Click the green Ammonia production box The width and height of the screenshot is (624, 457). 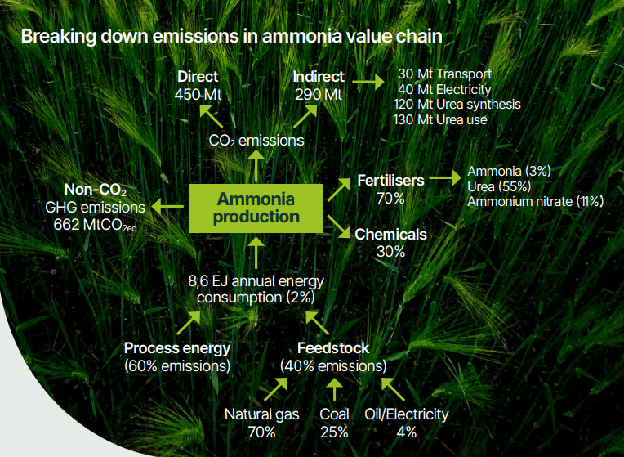tap(256, 208)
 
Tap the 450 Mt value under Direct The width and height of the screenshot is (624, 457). tap(198, 95)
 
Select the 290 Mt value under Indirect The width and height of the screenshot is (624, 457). tap(318, 95)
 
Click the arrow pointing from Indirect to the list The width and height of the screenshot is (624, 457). tap(368, 82)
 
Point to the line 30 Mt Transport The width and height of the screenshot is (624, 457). tap(444, 74)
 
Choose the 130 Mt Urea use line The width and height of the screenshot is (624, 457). tap(440, 119)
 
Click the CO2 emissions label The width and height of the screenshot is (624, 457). tap(256, 141)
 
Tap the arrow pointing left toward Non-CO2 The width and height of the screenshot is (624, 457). tap(167, 206)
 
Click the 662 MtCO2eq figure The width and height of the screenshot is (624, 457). tap(95, 225)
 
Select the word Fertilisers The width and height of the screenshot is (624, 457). tap(390, 181)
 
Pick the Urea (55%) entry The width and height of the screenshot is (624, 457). tap(499, 186)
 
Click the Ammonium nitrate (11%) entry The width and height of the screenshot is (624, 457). tap(535, 202)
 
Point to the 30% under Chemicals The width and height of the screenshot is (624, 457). tap(390, 252)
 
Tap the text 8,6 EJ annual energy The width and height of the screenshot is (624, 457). tap(256, 281)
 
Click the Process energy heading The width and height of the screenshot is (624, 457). tap(177, 348)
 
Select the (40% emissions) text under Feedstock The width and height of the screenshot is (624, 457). tap(333, 365)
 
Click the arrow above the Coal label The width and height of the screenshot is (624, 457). tap(334, 389)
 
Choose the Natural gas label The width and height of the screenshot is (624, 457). tap(262, 414)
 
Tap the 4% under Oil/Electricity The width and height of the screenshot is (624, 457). tap(407, 432)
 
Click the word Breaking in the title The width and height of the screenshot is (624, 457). tap(59, 36)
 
